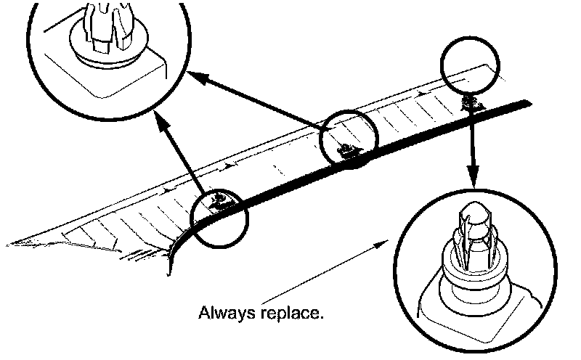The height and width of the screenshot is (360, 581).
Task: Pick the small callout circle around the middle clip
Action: click(351, 138)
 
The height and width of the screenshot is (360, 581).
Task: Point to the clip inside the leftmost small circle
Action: click(217, 199)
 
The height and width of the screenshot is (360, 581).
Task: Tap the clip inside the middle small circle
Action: click(347, 149)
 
